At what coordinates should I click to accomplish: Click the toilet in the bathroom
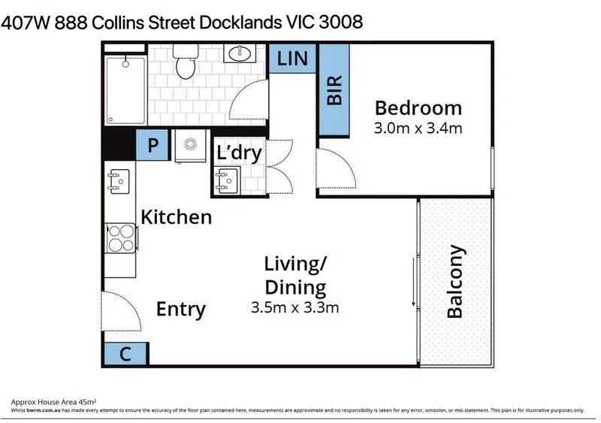[x=186, y=62]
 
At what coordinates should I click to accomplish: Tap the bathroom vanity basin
[x=240, y=53]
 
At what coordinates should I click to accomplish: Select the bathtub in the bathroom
[x=125, y=90]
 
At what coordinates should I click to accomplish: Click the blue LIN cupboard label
[x=292, y=59]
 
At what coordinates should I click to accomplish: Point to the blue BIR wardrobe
[x=334, y=90]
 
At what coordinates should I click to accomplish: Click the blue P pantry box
[x=153, y=145]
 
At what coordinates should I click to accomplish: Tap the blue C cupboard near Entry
[x=125, y=354]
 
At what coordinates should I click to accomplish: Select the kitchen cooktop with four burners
[x=121, y=238]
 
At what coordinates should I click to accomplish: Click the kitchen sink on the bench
[x=119, y=181]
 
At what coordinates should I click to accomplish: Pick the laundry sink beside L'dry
[x=227, y=180]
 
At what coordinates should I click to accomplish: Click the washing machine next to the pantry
[x=191, y=146]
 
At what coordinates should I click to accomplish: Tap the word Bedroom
[x=418, y=108]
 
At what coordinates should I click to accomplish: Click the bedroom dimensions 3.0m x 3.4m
[x=418, y=128]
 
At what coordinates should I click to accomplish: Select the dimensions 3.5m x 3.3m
[x=294, y=307]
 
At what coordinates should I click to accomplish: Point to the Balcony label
[x=455, y=282]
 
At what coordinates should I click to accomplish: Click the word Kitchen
[x=177, y=217]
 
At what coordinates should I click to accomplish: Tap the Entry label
[x=181, y=309]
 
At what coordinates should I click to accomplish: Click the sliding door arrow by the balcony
[x=414, y=282]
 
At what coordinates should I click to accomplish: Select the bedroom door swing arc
[x=343, y=161]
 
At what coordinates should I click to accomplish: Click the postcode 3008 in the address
[x=341, y=22]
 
